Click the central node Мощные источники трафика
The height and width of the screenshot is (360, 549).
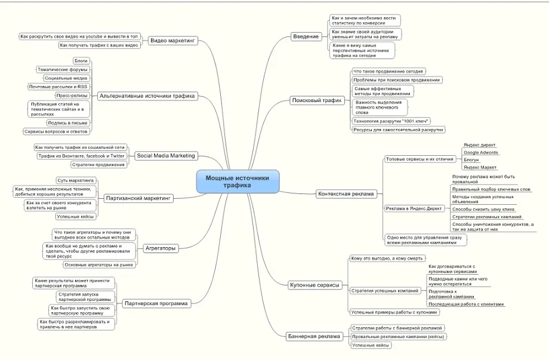[238, 181]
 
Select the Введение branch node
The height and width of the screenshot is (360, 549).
[306, 36]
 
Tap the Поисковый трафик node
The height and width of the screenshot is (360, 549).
[317, 100]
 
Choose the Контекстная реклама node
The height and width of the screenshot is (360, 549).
[346, 193]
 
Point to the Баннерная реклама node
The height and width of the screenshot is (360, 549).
[314, 336]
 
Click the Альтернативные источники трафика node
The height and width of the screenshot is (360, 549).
[147, 96]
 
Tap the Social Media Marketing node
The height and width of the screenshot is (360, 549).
[165, 156]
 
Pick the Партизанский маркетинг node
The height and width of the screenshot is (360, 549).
[138, 198]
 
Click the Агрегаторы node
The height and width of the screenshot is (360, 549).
[161, 247]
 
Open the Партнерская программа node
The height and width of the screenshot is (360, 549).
[156, 303]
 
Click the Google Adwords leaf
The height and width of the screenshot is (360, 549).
[480, 152]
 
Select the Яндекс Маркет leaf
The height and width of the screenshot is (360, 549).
[480, 168]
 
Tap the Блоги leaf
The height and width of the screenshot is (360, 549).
[81, 61]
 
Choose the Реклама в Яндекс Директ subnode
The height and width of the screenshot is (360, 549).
[414, 208]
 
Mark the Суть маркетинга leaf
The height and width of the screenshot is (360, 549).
[75, 180]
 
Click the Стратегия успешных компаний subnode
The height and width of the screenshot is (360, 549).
[384, 291]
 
